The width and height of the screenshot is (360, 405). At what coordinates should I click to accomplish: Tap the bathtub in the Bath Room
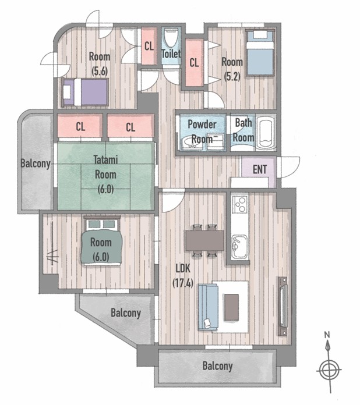tap(266, 133)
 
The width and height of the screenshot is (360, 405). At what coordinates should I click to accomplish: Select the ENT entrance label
tap(260, 169)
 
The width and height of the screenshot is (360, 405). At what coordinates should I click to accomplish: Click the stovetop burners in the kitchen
tap(240, 204)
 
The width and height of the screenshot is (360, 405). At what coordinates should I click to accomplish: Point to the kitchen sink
tap(239, 247)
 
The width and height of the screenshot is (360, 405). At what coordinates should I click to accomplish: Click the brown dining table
tap(204, 240)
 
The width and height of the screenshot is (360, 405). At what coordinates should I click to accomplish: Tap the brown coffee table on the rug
tap(231, 307)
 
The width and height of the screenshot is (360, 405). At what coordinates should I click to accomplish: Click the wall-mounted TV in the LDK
tap(283, 306)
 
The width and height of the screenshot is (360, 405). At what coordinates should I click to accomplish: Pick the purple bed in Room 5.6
tap(85, 92)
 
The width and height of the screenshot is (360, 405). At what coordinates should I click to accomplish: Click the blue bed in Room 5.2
tap(260, 52)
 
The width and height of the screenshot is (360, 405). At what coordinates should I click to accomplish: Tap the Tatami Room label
tap(105, 168)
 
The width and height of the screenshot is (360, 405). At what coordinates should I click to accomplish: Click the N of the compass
tap(327, 335)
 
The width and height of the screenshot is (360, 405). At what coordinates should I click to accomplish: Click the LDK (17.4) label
tap(183, 276)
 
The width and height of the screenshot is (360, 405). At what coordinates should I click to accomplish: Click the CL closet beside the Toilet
tap(149, 46)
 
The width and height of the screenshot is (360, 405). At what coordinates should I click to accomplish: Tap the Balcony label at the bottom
tap(217, 366)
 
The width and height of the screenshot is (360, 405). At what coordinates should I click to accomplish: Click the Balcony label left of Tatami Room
tap(36, 164)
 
